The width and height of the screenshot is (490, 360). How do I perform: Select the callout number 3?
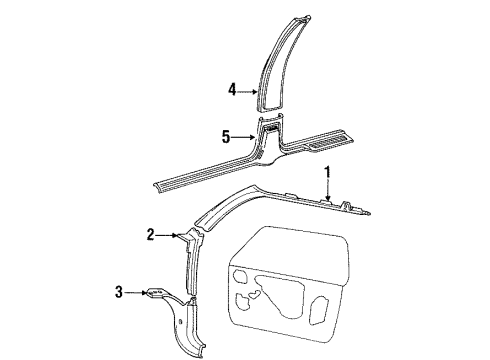[x=148, y=292]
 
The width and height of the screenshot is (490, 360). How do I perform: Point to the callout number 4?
[x=232, y=90]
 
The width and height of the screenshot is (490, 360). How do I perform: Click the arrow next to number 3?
[x=163, y=292]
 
